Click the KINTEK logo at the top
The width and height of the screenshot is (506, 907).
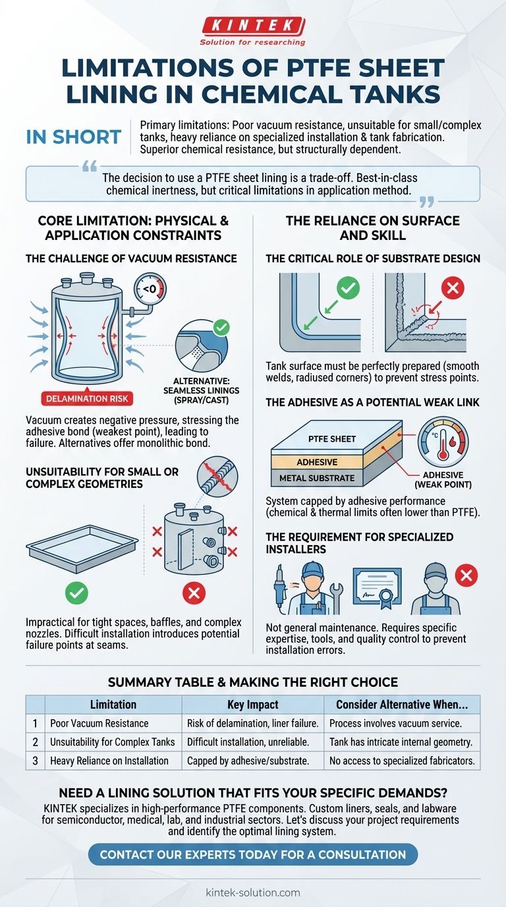[252, 31]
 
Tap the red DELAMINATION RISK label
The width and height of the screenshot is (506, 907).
[87, 398]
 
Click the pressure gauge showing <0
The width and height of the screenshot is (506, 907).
[150, 289]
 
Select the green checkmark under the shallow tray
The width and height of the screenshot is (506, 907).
[76, 593]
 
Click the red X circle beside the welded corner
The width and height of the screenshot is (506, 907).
[453, 288]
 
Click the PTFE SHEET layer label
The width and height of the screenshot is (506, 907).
[332, 439]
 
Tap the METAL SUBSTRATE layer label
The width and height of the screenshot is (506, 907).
[317, 478]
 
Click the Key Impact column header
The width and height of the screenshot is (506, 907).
[252, 705]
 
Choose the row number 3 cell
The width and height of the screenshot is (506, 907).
[35, 761]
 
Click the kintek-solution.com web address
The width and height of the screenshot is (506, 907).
[253, 892]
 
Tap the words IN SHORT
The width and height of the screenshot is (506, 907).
[74, 137]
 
